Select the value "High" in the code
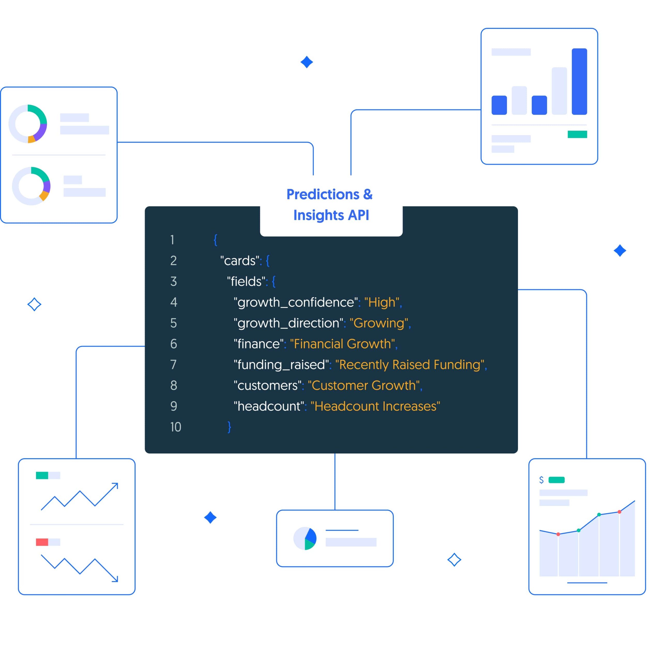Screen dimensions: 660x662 381,302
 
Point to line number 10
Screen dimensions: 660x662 175,427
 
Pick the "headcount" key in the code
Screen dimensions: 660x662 269,406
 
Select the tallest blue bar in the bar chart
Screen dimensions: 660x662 579,81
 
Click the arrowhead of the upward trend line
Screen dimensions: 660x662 116,485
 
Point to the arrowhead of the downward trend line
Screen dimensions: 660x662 116,579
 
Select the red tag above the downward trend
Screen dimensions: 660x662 42,542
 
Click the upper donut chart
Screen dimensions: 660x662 28,123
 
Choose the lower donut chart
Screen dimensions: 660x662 31,186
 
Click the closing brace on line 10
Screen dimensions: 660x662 229,427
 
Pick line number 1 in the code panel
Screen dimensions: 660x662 172,240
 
